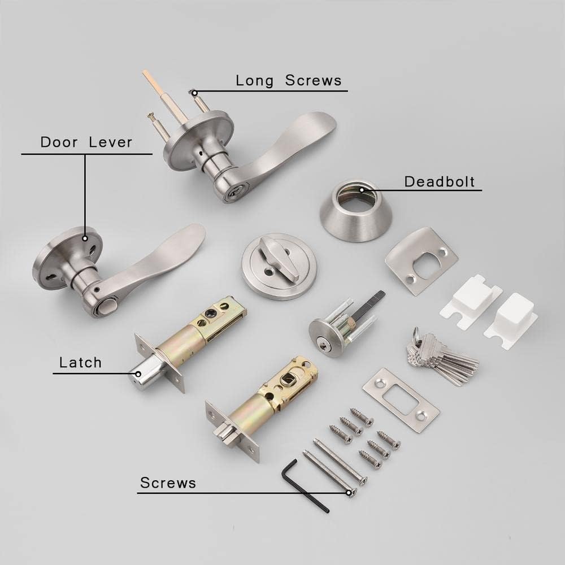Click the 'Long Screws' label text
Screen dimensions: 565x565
pyautogui.click(x=289, y=80)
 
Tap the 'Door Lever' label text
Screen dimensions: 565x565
pyautogui.click(x=86, y=142)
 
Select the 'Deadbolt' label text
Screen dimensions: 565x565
pyautogui.click(x=440, y=181)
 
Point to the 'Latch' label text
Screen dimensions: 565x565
pyautogui.click(x=81, y=362)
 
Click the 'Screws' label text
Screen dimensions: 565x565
pyautogui.click(x=168, y=483)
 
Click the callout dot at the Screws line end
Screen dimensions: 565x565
pyautogui.click(x=349, y=492)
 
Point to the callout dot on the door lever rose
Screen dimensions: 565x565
pyautogui.click(x=85, y=238)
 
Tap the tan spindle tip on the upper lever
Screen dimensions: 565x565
pyautogui.click(x=147, y=77)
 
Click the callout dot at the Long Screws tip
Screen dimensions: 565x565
pyautogui.click(x=194, y=93)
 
